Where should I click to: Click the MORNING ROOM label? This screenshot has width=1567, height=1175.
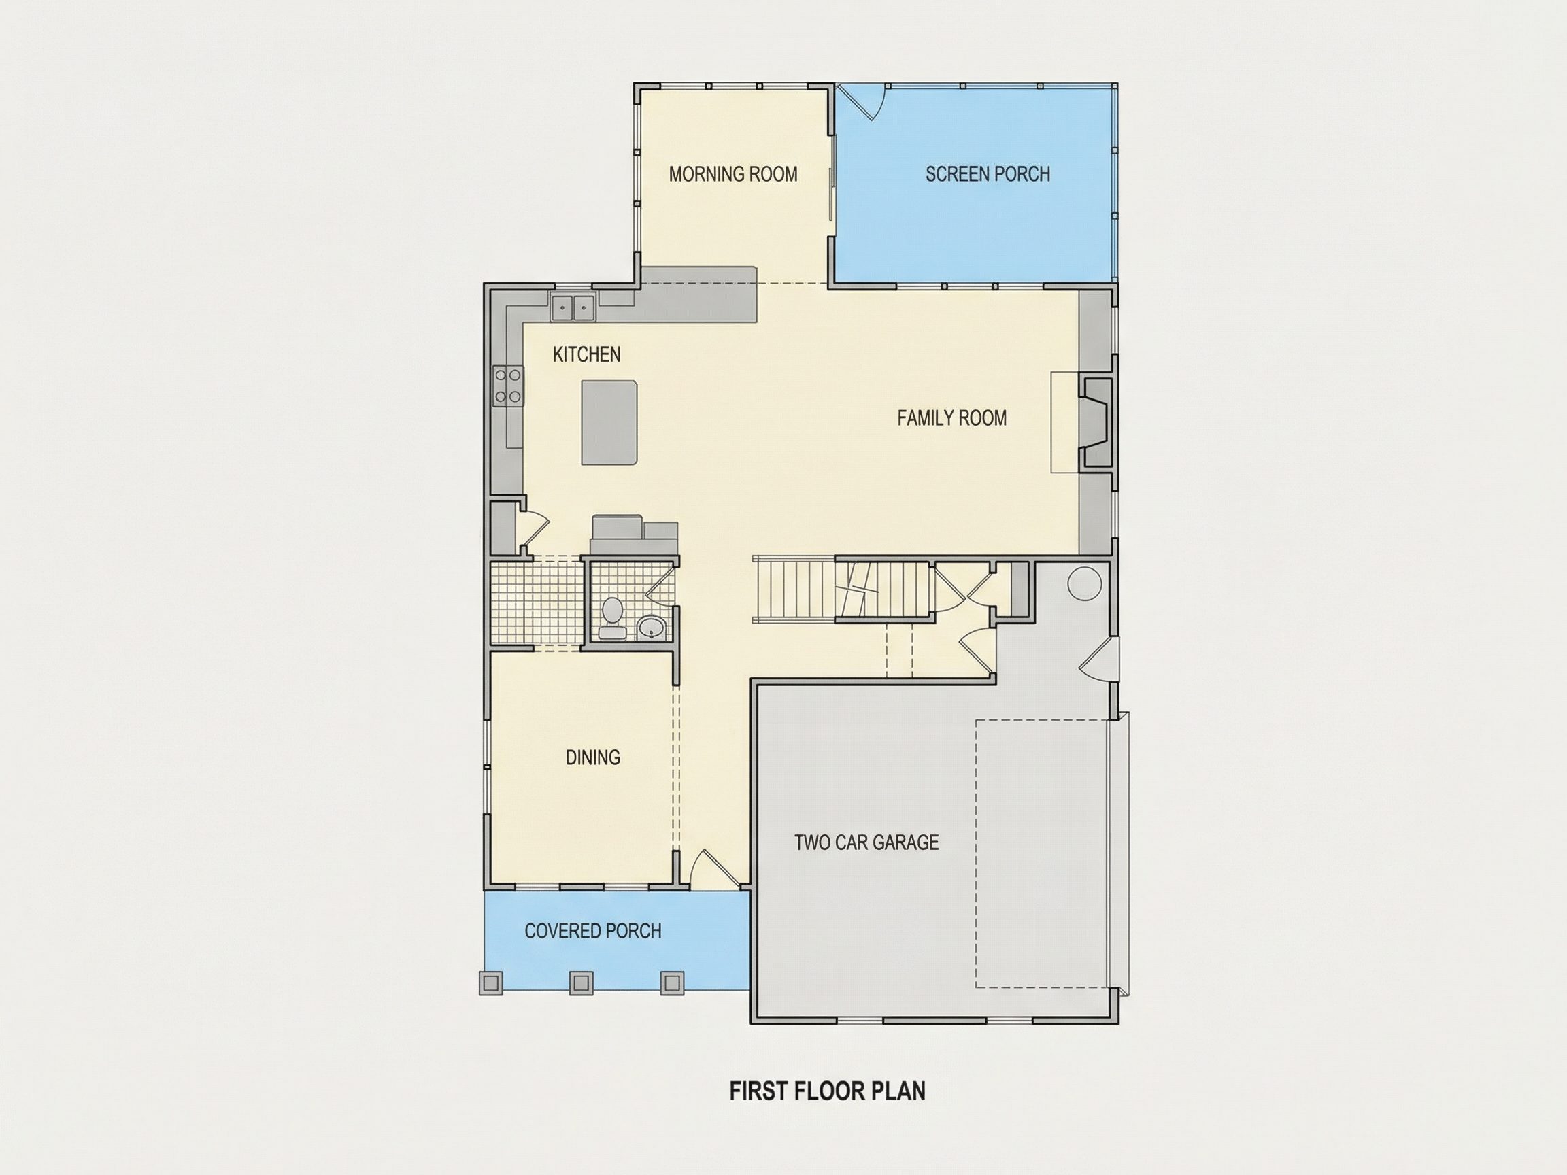(x=733, y=174)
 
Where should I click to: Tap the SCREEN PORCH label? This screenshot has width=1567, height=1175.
(x=988, y=174)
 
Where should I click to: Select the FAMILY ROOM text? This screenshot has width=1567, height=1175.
(x=952, y=419)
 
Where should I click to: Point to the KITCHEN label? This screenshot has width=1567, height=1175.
(x=586, y=355)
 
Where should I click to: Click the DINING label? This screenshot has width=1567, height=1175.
(x=593, y=758)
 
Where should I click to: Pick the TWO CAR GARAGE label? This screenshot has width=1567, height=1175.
(x=866, y=842)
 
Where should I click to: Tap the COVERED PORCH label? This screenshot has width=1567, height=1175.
(x=593, y=932)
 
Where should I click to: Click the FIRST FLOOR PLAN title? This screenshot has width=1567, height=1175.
(x=828, y=1091)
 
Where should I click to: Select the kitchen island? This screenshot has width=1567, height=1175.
(x=609, y=423)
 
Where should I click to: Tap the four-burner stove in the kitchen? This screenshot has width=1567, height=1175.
(x=508, y=387)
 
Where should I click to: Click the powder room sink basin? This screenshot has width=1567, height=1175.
(x=651, y=627)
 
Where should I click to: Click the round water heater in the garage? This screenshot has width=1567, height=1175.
(x=1085, y=584)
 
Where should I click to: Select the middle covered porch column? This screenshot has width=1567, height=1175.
(x=581, y=983)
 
